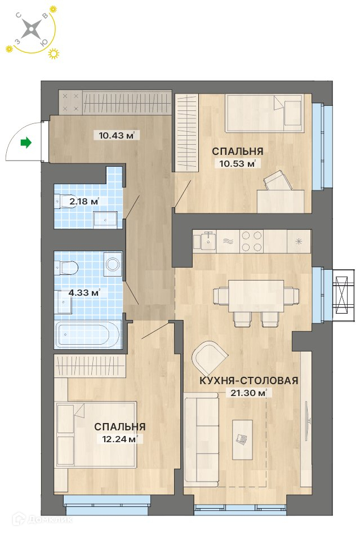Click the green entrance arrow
click(26, 143)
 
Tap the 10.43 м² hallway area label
click(117, 136)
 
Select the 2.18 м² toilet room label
click(84, 201)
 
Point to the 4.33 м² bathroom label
click(84, 292)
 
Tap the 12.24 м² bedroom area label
click(120, 439)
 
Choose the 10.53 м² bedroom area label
click(237, 163)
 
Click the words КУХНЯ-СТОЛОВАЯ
click(248, 380)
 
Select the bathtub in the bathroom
click(88, 335)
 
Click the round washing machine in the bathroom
click(112, 264)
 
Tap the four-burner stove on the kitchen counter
click(251, 241)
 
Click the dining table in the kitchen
click(256, 296)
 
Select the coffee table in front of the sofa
click(242, 439)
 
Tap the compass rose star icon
click(31, 29)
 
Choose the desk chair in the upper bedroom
click(278, 181)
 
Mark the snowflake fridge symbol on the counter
click(299, 242)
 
